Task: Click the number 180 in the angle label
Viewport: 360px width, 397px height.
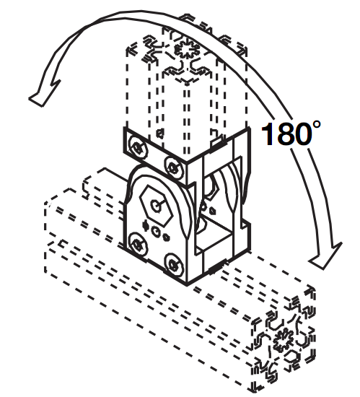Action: click(x=286, y=134)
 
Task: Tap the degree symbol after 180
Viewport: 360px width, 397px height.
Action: click(x=317, y=125)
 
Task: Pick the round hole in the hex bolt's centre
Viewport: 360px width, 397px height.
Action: click(x=156, y=205)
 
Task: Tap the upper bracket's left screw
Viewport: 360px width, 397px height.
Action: click(x=138, y=147)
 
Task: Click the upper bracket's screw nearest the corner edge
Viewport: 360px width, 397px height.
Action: click(x=174, y=167)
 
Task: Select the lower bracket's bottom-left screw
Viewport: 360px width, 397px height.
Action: click(x=138, y=244)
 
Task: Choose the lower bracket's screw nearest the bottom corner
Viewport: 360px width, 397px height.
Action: click(x=173, y=265)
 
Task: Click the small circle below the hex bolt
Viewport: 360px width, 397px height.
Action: click(x=156, y=231)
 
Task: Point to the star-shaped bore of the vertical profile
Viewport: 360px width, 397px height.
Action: click(x=188, y=51)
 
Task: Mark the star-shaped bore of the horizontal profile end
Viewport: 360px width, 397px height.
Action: click(x=284, y=340)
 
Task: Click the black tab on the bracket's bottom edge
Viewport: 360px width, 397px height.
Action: click(x=216, y=269)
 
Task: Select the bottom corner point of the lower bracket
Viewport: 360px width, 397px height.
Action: click(x=187, y=284)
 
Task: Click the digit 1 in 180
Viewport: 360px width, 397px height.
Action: click(x=268, y=134)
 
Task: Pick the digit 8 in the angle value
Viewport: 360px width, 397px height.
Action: click(x=286, y=134)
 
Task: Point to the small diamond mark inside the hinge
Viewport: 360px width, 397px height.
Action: click(x=214, y=210)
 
